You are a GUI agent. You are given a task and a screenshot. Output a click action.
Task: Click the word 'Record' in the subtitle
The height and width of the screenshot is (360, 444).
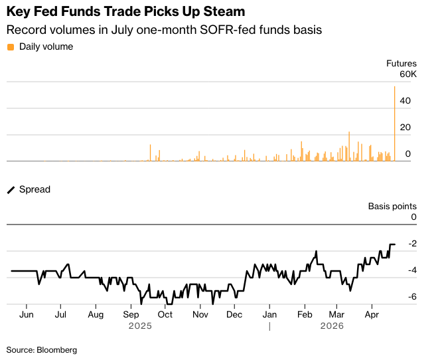pos(24,30)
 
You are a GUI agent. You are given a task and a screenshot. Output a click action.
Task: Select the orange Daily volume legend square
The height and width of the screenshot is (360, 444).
pos(10,46)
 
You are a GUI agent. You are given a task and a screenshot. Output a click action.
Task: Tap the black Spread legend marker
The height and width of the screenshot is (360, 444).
pos(10,189)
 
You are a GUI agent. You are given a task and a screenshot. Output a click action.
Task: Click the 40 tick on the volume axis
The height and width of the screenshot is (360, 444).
pos(405,101)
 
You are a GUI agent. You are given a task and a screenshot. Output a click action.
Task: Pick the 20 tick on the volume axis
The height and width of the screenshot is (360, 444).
pos(405,128)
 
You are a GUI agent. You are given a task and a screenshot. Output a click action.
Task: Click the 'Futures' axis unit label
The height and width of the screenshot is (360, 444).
pos(402,64)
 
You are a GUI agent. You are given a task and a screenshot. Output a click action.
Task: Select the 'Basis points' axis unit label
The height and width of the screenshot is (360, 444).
pos(392,206)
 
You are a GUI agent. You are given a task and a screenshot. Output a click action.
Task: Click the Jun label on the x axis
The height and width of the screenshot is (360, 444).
pos(27,315)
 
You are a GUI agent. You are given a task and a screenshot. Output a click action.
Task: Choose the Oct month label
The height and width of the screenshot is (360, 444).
pos(165,315)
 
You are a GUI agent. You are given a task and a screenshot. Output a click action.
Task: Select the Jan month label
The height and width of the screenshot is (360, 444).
pos(269,315)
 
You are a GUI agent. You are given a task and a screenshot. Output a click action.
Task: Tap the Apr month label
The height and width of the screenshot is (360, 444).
pos(371,315)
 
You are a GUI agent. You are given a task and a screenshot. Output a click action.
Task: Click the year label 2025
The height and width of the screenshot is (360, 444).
pos(141,326)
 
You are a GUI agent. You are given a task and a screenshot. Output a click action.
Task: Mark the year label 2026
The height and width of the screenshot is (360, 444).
pos(332,326)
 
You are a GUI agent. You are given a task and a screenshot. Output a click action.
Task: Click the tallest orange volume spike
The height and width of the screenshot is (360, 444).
pos(395,120)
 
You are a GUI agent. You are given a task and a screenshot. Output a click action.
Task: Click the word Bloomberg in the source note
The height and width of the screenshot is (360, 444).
pos(57,349)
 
